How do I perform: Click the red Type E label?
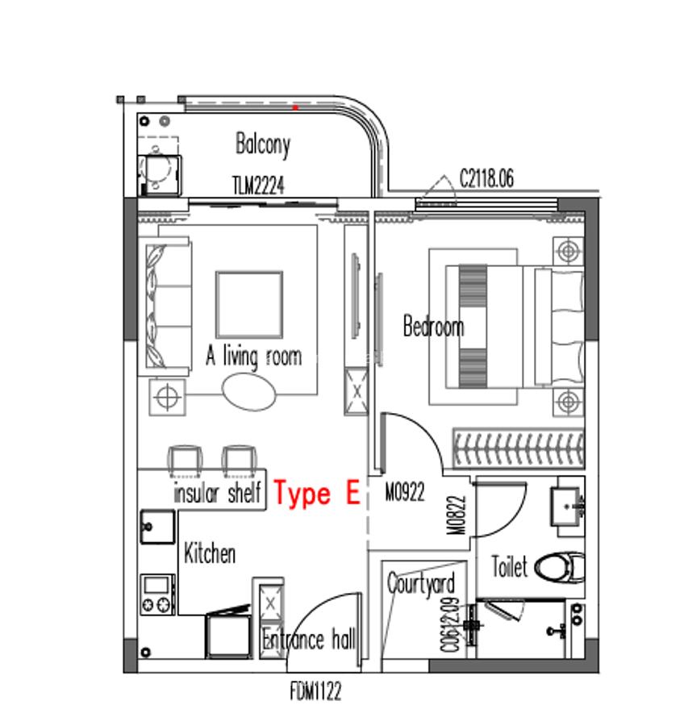pyautogui.click(x=316, y=493)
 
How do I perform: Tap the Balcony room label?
pyautogui.click(x=263, y=144)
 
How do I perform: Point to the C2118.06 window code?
pyautogui.click(x=486, y=177)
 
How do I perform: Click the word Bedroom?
pyautogui.click(x=433, y=327)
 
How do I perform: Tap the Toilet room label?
pyautogui.click(x=510, y=567)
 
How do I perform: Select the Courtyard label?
pyautogui.click(x=420, y=583)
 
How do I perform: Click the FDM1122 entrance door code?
pyautogui.click(x=315, y=692)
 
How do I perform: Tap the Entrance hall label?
pyautogui.click(x=309, y=640)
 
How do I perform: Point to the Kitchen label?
pyautogui.click(x=210, y=554)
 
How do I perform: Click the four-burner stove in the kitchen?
pyautogui.click(x=157, y=594)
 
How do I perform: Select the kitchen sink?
pyautogui.click(x=157, y=527)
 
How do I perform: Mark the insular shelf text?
pyautogui.click(x=217, y=493)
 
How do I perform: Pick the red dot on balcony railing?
pyautogui.click(x=295, y=106)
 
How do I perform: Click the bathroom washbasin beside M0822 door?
pyautogui.click(x=569, y=504)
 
